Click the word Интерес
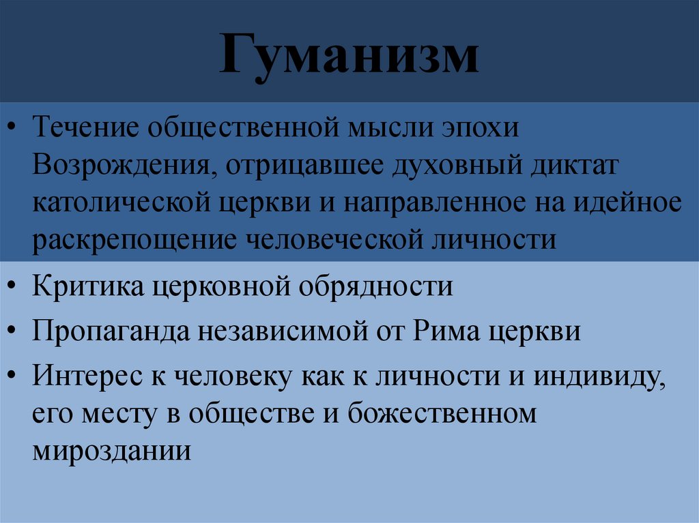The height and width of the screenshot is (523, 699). pyautogui.click(x=85, y=376)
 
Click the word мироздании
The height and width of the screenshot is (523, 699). pyautogui.click(x=111, y=451)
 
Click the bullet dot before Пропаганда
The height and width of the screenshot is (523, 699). pyautogui.click(x=14, y=332)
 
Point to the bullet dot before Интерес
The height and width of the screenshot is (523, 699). pyautogui.click(x=14, y=377)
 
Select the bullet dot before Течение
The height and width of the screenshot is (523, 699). pyautogui.click(x=14, y=128)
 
